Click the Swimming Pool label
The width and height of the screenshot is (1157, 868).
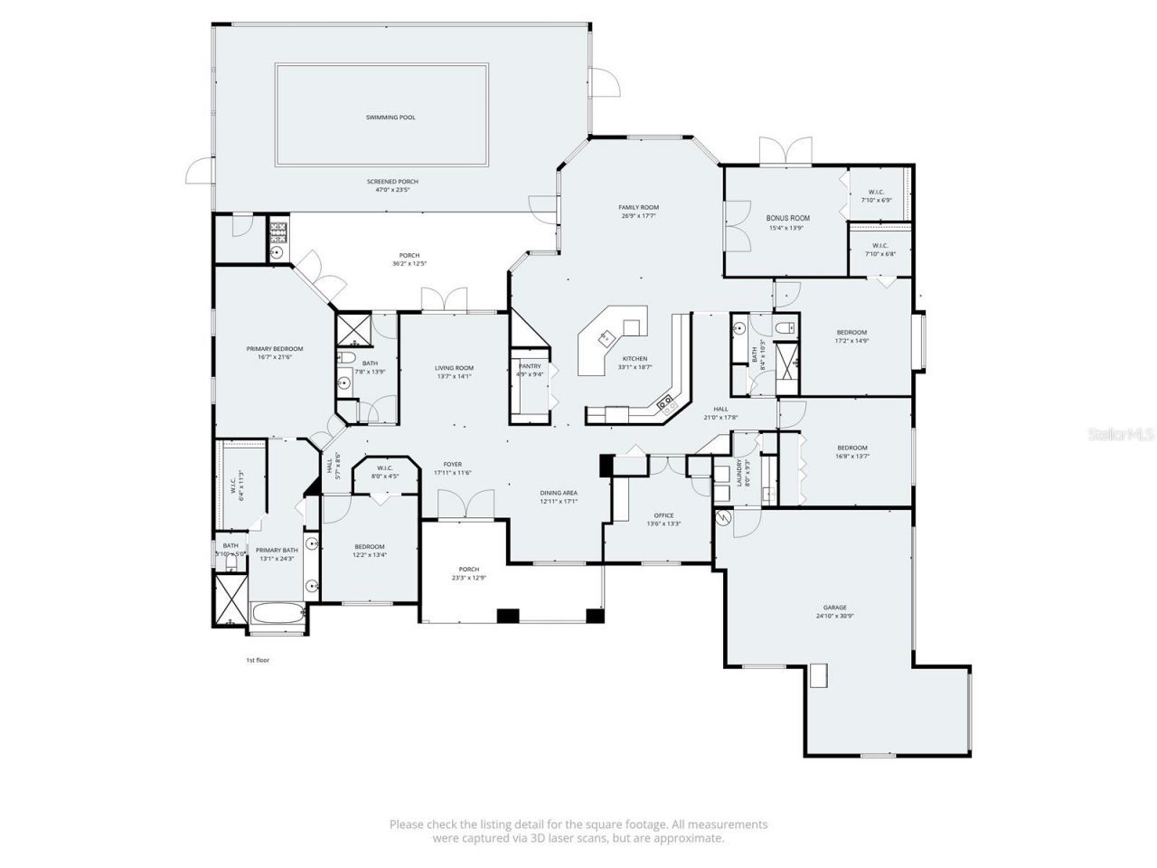click(390, 118)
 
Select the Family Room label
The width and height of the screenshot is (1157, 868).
click(638, 208)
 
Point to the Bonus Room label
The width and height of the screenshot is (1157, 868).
click(787, 218)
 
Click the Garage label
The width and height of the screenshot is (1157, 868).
click(834, 608)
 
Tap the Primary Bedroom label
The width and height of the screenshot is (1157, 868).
click(275, 349)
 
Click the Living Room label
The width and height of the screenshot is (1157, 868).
click(454, 368)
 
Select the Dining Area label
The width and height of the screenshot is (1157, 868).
click(559, 493)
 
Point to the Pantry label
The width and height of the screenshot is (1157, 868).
click(530, 366)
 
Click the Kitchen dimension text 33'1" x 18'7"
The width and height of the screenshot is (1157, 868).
click(635, 368)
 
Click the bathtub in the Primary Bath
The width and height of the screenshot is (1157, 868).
click(278, 614)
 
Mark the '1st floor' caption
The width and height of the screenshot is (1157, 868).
click(258, 660)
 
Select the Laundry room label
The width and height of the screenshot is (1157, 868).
click(738, 472)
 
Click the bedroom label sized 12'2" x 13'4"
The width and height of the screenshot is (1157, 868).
click(369, 547)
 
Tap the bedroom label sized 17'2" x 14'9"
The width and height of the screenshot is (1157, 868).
click(851, 333)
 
